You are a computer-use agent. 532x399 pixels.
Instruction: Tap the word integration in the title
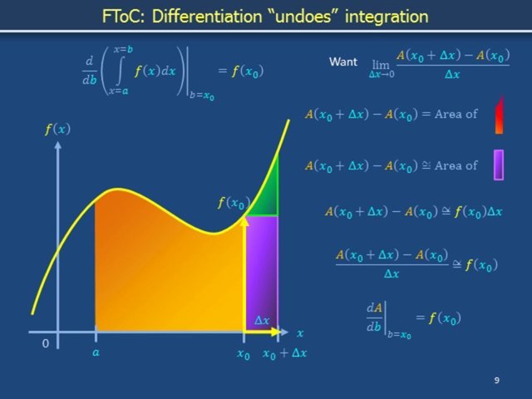387,16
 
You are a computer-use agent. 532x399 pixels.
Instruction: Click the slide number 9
496,381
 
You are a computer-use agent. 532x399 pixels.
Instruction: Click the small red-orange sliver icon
499,115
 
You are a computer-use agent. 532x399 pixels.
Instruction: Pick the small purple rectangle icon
499,165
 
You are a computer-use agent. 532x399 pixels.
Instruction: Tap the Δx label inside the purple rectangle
262,319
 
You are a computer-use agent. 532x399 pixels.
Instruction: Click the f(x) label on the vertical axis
57,130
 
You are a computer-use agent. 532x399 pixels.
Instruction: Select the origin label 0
46,343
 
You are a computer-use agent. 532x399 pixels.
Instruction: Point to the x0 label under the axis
244,353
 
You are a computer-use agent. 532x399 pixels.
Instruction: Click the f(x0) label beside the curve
233,203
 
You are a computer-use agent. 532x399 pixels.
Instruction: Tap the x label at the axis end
300,332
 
